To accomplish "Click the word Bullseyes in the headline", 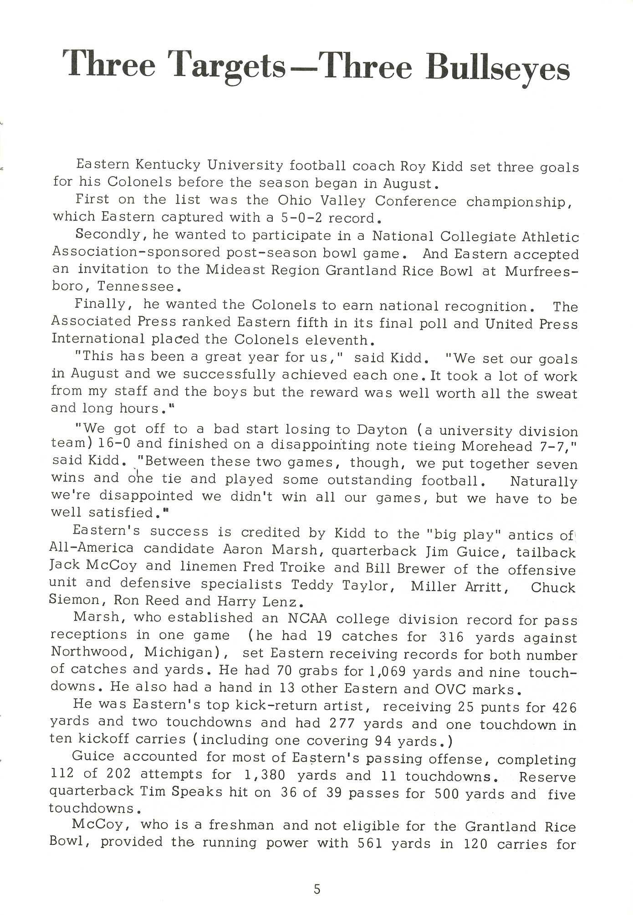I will point(497,70).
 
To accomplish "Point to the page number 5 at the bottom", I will point(317,889).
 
